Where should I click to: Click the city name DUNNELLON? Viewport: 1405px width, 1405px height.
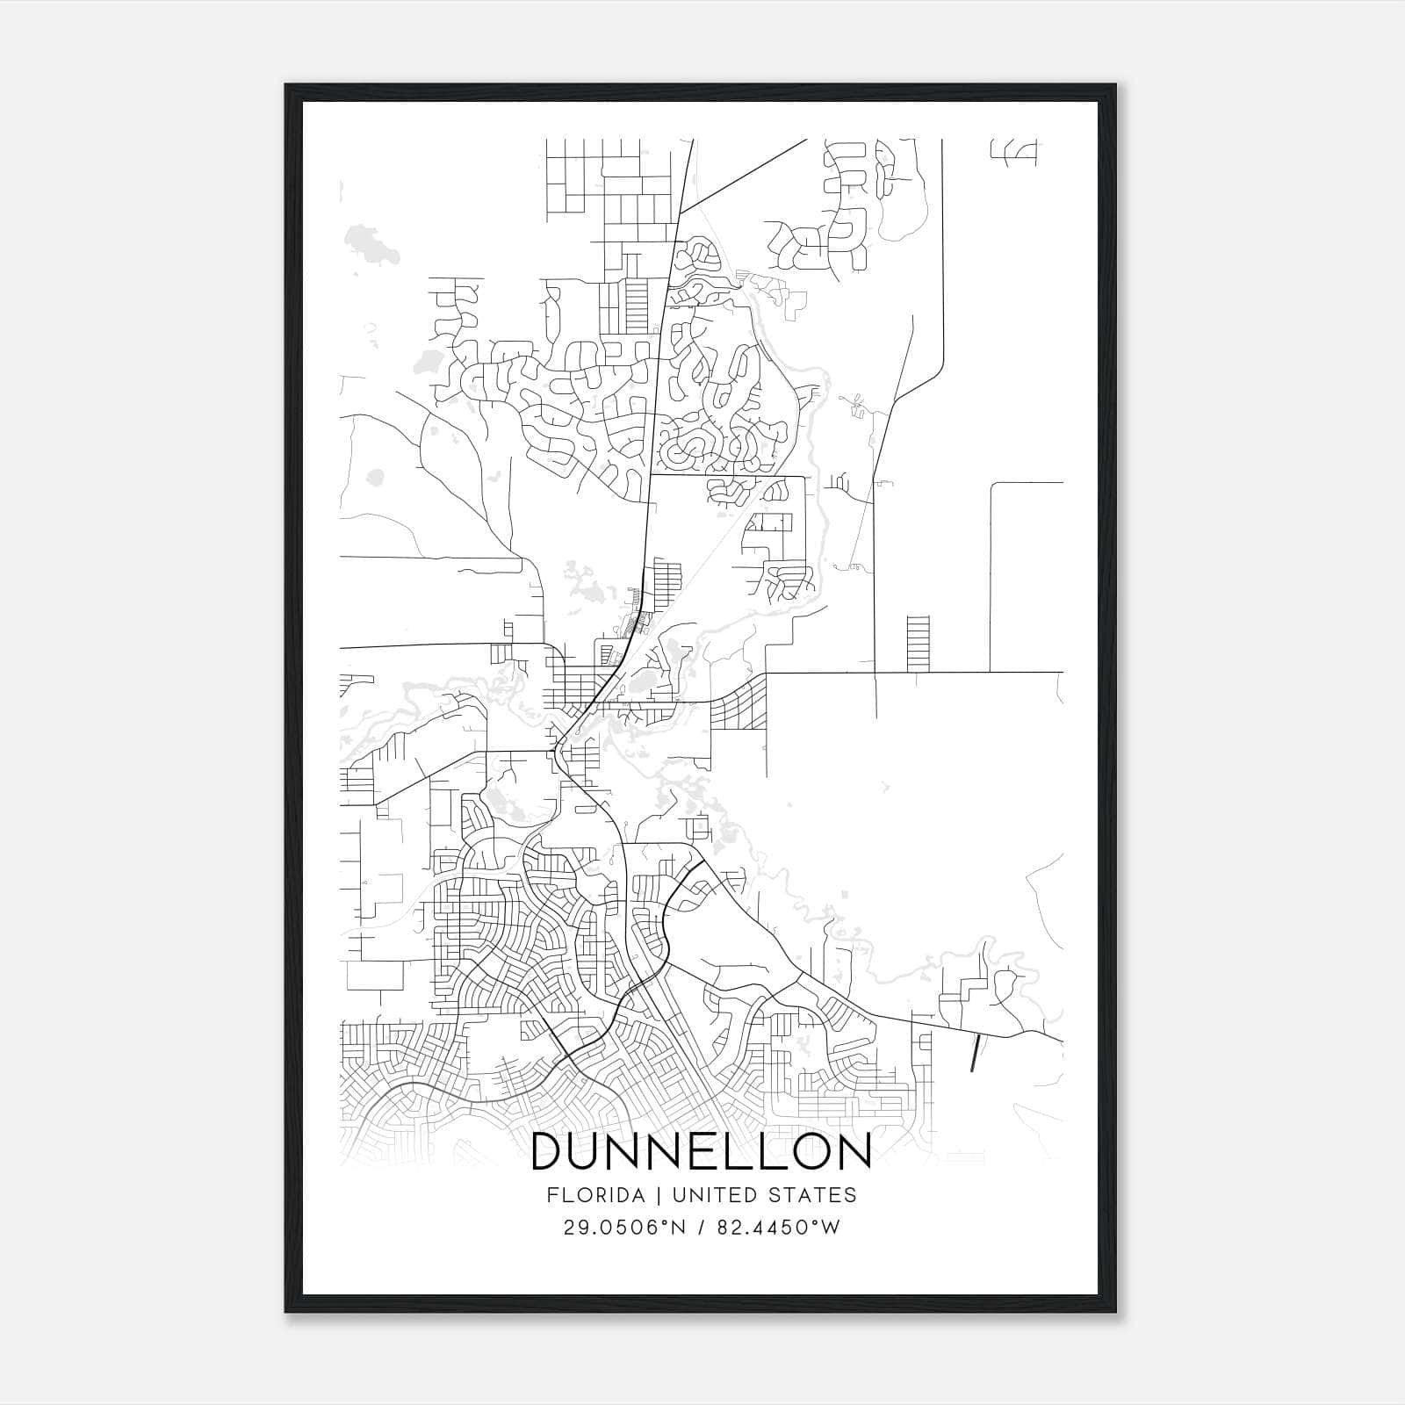coord(701,1152)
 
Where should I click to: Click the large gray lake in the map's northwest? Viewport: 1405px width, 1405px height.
coord(372,242)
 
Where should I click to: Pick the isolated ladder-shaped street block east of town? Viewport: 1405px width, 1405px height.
coord(917,644)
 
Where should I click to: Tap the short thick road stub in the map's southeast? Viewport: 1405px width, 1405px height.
coord(975,1053)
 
